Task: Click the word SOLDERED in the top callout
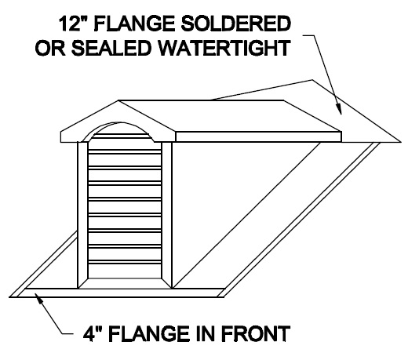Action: point(236,24)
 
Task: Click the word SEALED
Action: point(110,48)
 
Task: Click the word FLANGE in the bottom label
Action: point(150,333)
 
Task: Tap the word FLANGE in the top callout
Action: point(135,24)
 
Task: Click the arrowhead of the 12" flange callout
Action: point(338,109)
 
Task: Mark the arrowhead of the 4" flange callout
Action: point(39,298)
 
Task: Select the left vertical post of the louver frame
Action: point(82,215)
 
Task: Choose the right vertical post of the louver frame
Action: point(167,215)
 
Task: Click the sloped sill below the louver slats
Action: point(125,283)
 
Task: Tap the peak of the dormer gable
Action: point(118,100)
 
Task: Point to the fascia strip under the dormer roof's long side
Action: point(258,136)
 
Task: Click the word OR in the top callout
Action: point(50,48)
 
